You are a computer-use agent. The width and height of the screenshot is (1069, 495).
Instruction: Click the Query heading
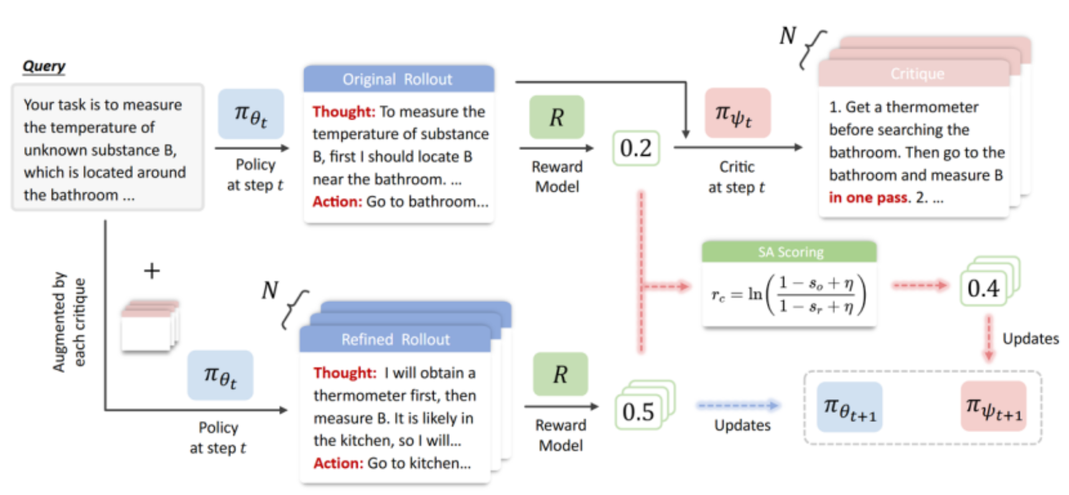click(x=44, y=66)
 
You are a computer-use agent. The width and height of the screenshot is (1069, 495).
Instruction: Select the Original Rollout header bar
click(x=398, y=79)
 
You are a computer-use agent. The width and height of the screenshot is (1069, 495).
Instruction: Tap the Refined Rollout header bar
click(x=395, y=339)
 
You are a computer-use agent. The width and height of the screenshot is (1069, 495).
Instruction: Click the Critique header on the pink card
click(x=917, y=74)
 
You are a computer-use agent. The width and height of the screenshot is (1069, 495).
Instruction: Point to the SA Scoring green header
click(x=790, y=252)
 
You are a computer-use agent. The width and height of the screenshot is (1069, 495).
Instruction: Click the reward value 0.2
click(x=635, y=148)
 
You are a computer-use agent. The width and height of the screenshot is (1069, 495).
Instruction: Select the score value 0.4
click(x=983, y=288)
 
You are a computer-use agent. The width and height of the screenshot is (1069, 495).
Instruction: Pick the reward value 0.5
click(x=638, y=412)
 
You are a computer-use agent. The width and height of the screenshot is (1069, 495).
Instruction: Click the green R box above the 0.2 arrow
click(x=556, y=117)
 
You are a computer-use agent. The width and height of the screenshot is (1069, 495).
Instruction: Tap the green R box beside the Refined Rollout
click(x=560, y=374)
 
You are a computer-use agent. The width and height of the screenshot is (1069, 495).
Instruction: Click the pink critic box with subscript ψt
click(x=737, y=113)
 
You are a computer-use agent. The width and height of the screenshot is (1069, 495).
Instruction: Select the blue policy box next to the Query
click(x=251, y=114)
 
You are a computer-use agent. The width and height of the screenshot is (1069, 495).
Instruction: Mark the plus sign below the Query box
click(x=152, y=271)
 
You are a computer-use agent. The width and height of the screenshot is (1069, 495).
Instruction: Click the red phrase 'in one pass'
click(x=869, y=198)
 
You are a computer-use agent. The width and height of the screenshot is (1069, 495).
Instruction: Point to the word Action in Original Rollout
click(x=337, y=202)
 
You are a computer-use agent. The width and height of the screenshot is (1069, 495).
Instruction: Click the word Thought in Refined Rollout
click(x=345, y=373)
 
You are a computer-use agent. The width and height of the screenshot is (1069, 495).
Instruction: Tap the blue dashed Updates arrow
click(x=738, y=405)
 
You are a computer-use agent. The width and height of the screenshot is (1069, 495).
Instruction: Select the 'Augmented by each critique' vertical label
click(x=68, y=322)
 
